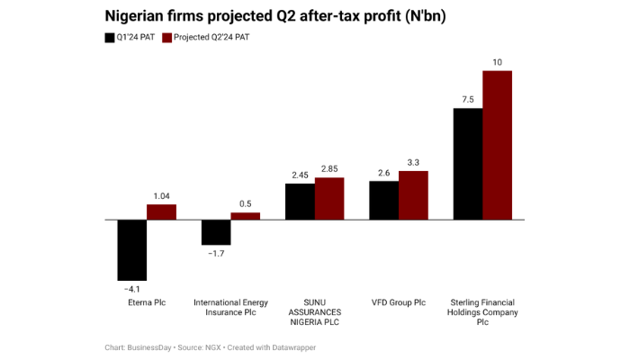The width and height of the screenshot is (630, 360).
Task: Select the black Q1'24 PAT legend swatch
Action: (x=110, y=38)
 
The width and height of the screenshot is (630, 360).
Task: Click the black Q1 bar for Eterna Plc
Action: (x=131, y=249)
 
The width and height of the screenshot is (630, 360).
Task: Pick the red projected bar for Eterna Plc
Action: (x=161, y=211)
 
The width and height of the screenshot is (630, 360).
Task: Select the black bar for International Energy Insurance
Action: (x=216, y=232)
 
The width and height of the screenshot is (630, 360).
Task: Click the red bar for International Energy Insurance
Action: (x=245, y=216)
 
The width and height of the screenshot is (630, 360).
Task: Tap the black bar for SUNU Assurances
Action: (x=300, y=201)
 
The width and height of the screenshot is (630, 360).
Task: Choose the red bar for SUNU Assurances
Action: (x=329, y=198)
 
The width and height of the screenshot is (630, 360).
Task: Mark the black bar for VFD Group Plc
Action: (x=383, y=200)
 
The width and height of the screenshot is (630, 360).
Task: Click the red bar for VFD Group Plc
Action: (x=413, y=194)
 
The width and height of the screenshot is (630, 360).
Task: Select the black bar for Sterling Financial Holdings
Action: (x=468, y=164)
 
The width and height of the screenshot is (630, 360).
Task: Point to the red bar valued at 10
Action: (x=497, y=144)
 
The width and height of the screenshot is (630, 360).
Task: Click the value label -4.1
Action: (x=131, y=288)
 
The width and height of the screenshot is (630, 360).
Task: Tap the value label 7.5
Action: (x=468, y=100)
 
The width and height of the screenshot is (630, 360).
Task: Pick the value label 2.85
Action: (x=329, y=169)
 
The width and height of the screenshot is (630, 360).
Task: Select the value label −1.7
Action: (x=216, y=254)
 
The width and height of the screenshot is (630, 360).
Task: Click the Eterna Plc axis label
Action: (x=147, y=302)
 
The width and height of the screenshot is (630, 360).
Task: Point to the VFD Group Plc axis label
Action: (x=399, y=302)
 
